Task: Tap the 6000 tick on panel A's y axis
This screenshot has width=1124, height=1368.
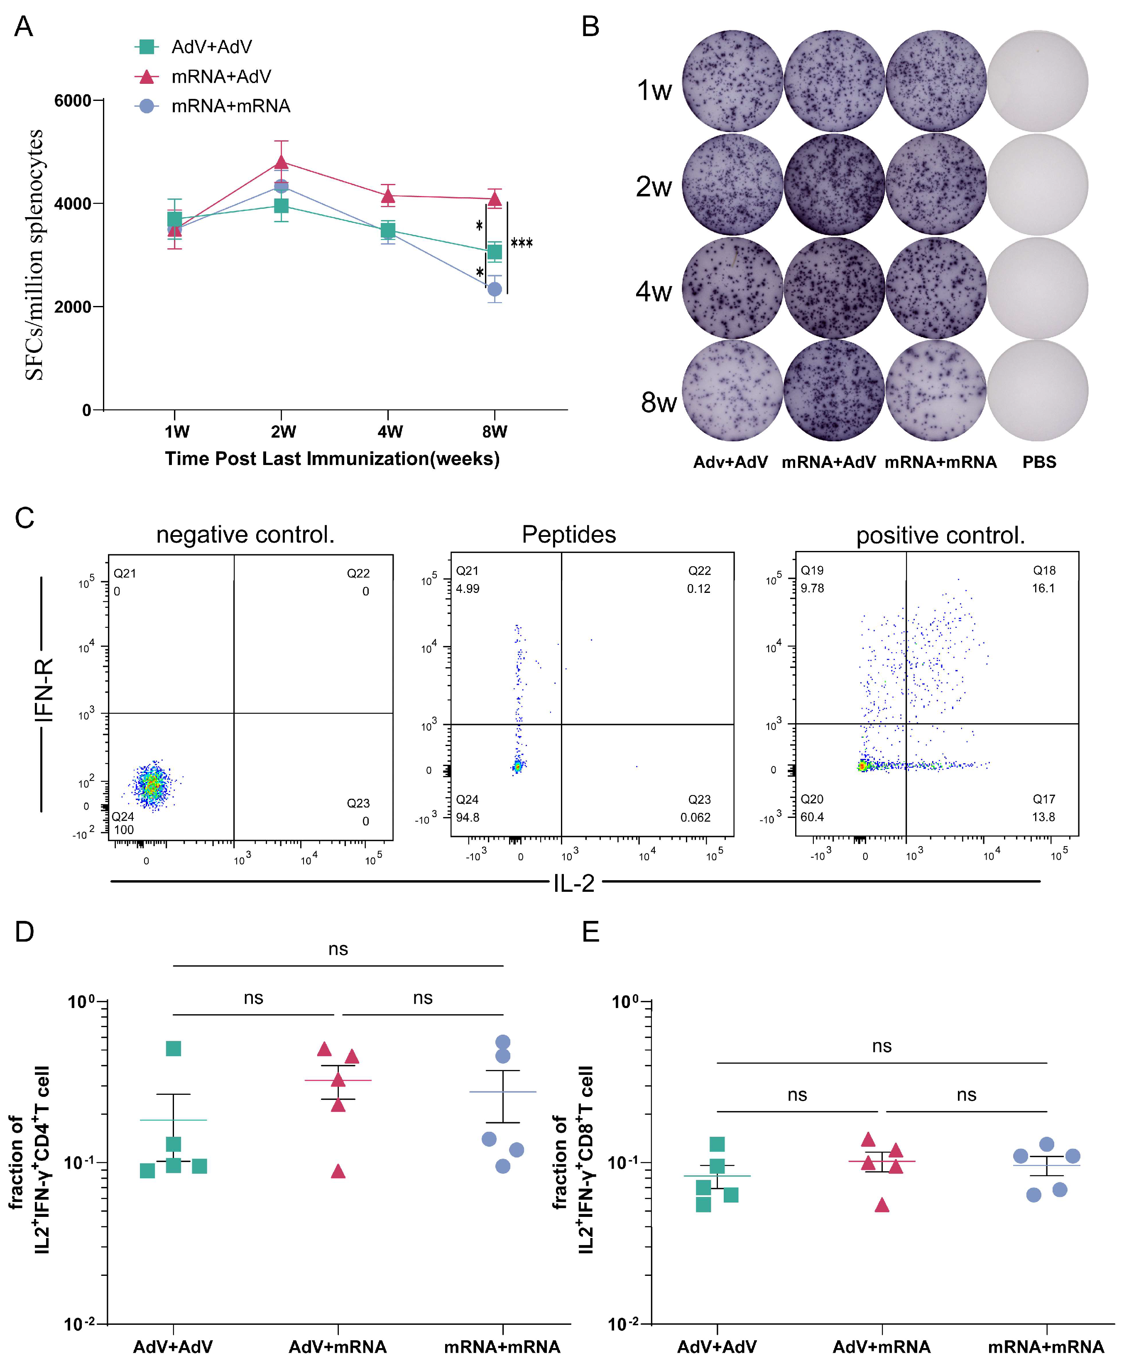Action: (73, 101)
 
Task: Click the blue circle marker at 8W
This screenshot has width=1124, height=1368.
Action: (494, 289)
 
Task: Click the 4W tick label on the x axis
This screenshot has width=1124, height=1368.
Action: (390, 432)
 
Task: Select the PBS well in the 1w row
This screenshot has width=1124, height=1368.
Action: (1037, 81)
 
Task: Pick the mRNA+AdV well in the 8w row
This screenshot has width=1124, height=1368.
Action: (834, 390)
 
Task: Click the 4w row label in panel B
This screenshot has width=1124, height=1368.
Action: (654, 292)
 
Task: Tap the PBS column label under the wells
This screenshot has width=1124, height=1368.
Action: (1039, 462)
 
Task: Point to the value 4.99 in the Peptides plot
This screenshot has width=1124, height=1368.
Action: (468, 588)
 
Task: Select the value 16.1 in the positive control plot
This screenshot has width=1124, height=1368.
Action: (1043, 588)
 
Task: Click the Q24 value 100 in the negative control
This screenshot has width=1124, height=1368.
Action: (124, 830)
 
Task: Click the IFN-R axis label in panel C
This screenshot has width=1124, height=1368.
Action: (43, 690)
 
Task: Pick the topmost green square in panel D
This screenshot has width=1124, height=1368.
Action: (174, 1049)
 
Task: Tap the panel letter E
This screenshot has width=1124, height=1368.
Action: (590, 932)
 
